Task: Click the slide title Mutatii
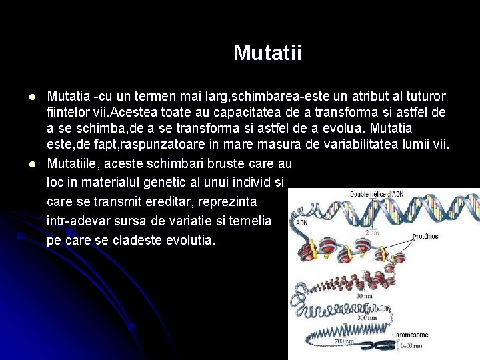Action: pyautogui.click(x=267, y=53)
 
